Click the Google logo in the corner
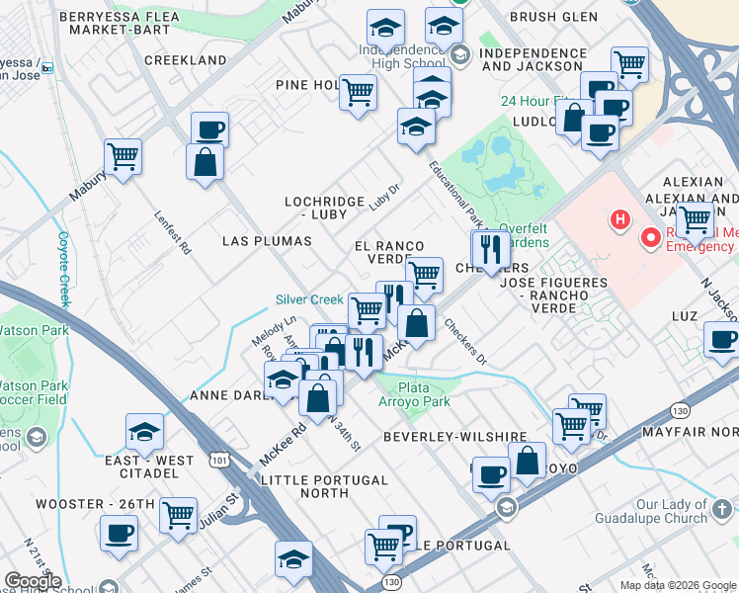click(33, 581)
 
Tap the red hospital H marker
click(620, 218)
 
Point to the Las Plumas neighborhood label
click(267, 241)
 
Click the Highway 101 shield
click(220, 460)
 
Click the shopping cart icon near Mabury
click(123, 156)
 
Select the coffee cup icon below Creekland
click(209, 129)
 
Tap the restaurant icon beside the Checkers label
click(490, 248)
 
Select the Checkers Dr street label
click(464, 340)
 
